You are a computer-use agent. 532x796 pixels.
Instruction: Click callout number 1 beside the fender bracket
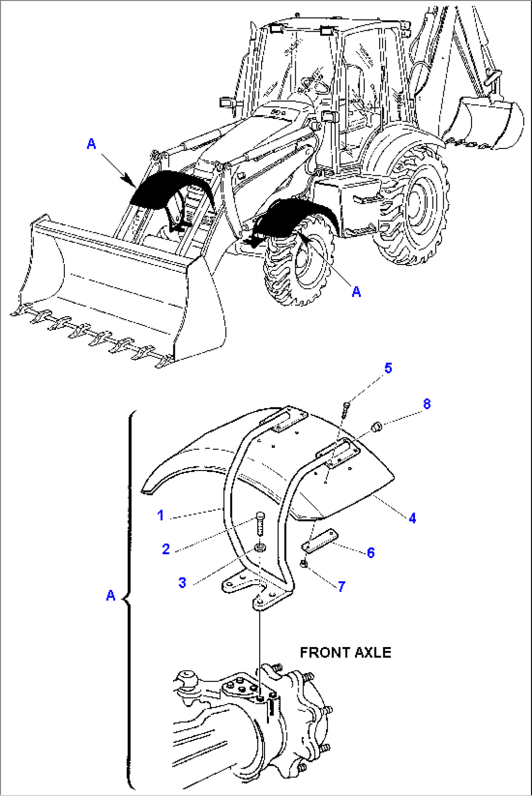point(161,515)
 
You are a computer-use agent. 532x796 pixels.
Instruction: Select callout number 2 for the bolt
point(166,549)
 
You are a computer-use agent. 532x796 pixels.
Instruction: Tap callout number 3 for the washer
point(182,582)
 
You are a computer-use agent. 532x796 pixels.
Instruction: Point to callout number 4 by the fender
point(412,518)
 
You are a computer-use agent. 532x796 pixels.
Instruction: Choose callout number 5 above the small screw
point(388,368)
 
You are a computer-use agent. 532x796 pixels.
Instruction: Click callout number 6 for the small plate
point(371,552)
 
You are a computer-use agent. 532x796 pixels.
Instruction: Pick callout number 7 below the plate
point(342,586)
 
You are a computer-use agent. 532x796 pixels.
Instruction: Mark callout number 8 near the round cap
point(427,404)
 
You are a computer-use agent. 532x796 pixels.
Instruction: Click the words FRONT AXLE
point(345,653)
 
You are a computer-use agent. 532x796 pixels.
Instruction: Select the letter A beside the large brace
point(111,595)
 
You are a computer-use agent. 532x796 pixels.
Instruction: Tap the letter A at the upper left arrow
point(91,144)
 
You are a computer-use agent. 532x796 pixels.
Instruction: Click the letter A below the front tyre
point(356,292)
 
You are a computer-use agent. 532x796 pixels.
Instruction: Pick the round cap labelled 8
point(376,428)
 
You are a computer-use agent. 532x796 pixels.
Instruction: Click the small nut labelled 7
point(304,564)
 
